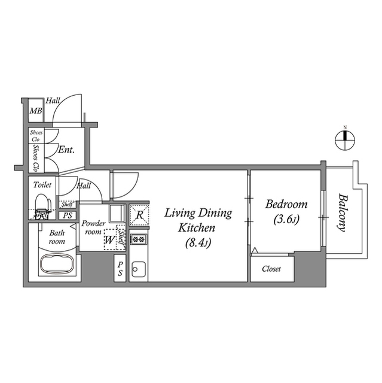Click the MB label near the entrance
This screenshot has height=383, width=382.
[36, 110]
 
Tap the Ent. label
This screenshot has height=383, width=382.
[66, 150]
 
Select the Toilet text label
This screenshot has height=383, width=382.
[42, 185]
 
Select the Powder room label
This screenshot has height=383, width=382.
[94, 227]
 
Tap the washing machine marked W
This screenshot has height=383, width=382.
[109, 241]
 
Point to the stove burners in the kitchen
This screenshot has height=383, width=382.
[139, 239]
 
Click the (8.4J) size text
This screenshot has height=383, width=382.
[197, 242]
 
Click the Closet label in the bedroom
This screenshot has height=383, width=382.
[271, 269]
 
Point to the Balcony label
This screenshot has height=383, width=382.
[342, 212]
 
